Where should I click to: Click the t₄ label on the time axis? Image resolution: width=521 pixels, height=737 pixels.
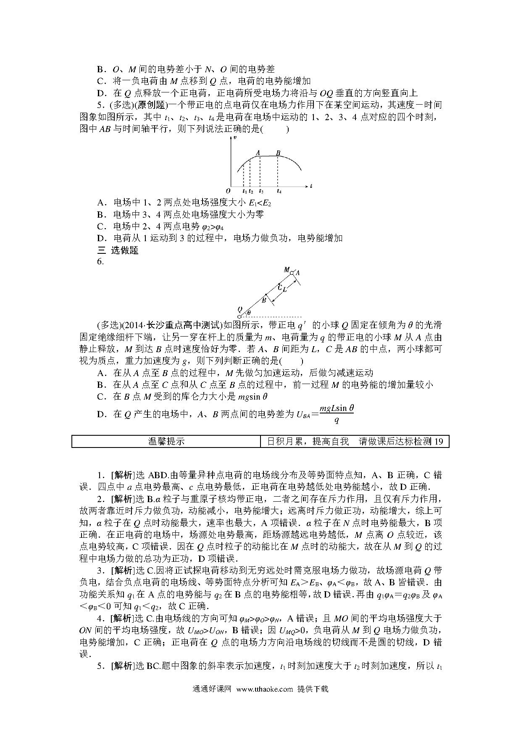[279, 192]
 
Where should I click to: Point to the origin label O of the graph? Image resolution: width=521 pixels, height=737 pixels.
[228, 191]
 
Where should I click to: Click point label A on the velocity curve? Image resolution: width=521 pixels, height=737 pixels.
[258, 153]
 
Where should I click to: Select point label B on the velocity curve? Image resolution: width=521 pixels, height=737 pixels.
[278, 153]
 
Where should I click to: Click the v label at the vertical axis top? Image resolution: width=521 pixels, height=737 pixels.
[235, 138]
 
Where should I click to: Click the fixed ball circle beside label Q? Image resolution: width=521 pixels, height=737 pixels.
[239, 316]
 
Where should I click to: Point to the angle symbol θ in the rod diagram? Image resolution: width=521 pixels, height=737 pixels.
[249, 313]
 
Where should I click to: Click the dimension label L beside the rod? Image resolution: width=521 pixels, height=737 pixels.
[285, 290]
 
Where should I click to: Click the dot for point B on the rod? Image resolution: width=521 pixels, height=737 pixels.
[266, 295]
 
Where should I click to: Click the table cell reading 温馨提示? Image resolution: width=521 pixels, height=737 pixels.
[166, 441]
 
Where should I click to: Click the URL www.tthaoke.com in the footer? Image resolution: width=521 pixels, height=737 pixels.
[264, 689]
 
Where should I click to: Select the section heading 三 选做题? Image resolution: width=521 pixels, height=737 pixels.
[118, 250]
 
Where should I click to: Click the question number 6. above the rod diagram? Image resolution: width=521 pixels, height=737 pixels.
[100, 261]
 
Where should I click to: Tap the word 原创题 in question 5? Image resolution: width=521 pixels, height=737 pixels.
[150, 105]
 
